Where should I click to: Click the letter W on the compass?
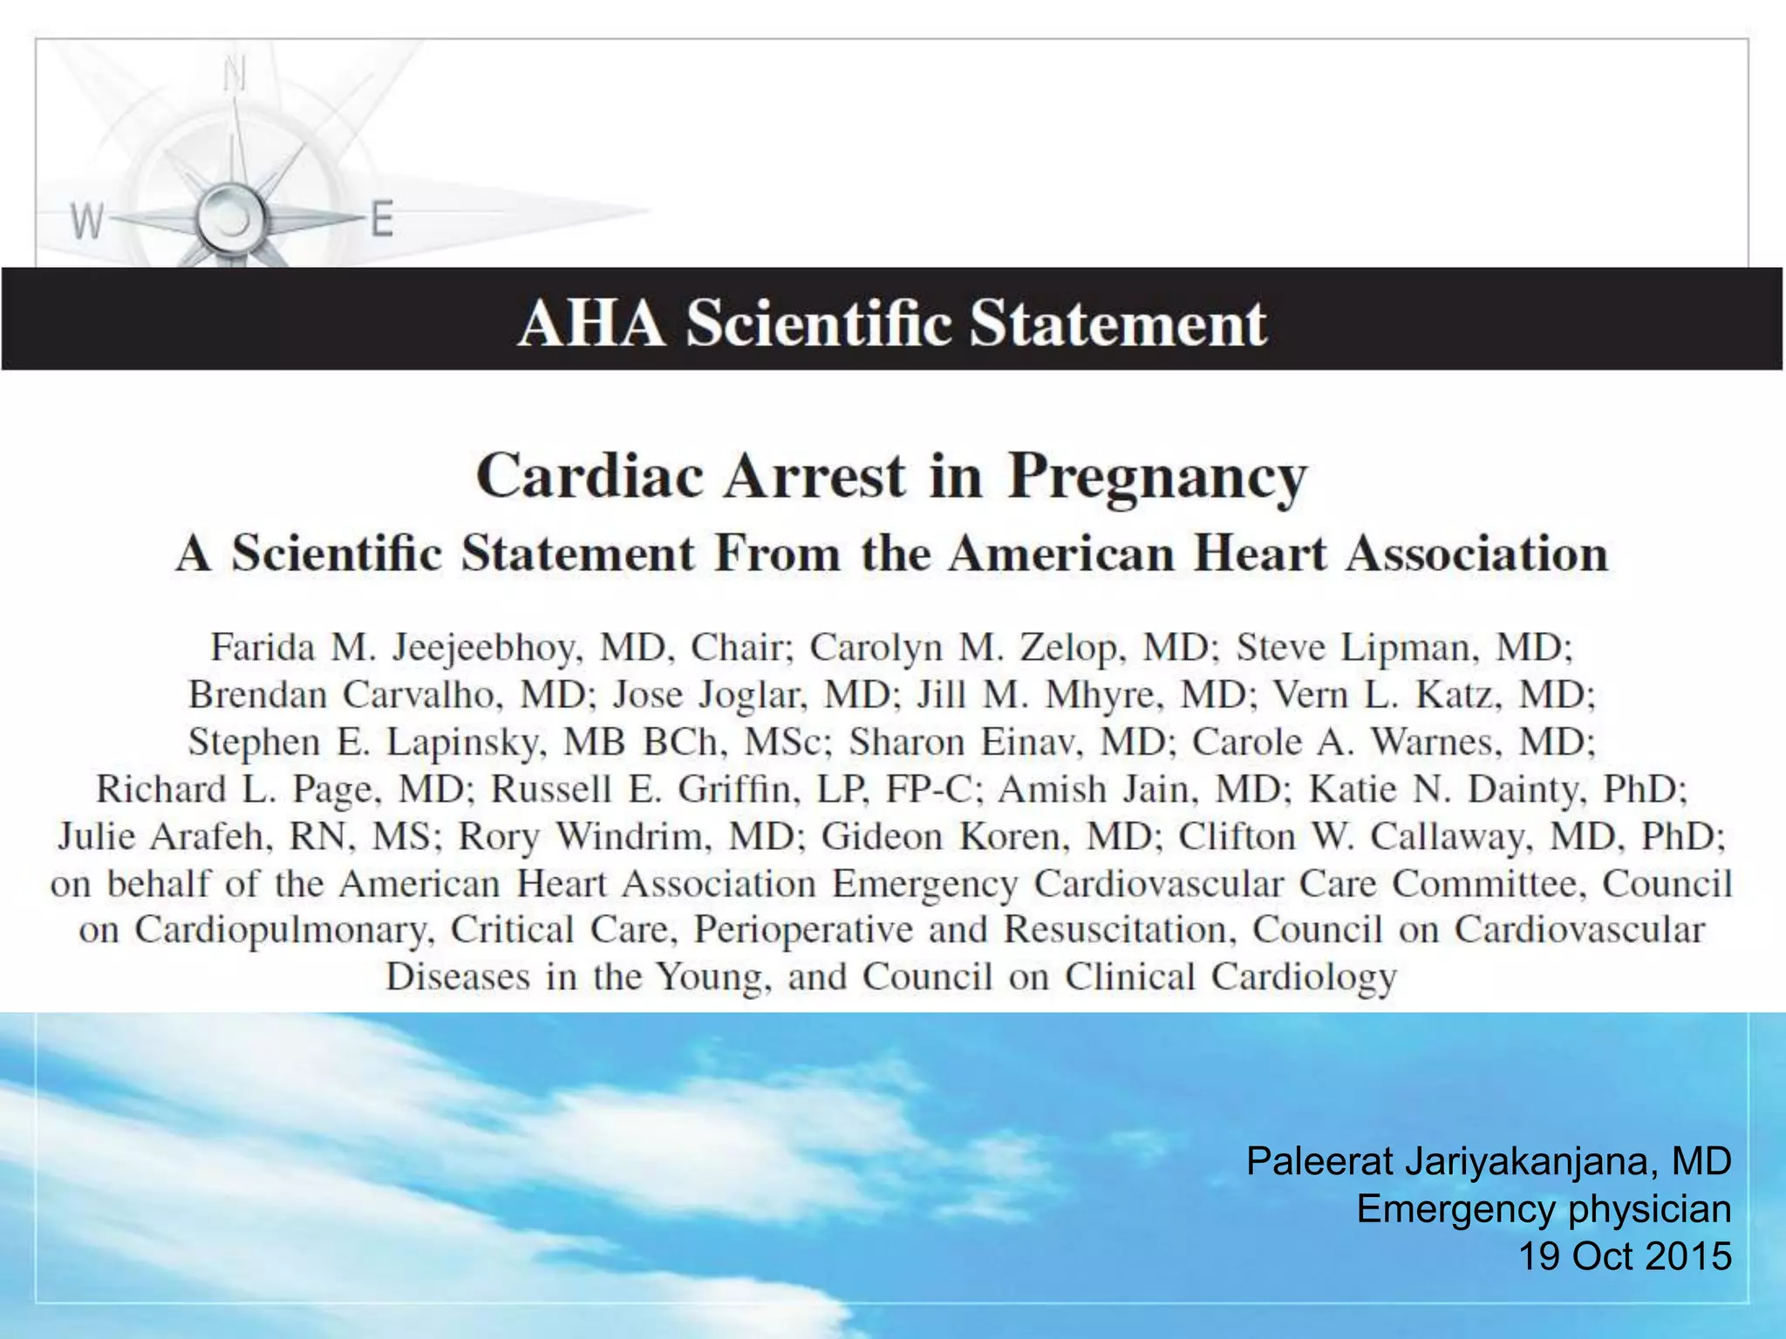tap(87, 221)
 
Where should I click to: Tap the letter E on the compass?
tap(383, 219)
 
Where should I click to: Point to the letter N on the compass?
tap(234, 75)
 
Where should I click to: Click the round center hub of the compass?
tap(230, 218)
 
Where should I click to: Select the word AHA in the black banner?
tap(590, 323)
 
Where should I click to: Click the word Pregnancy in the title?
tap(1157, 478)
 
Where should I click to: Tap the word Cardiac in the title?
tap(590, 476)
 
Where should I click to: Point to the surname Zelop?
tap(1067, 648)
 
